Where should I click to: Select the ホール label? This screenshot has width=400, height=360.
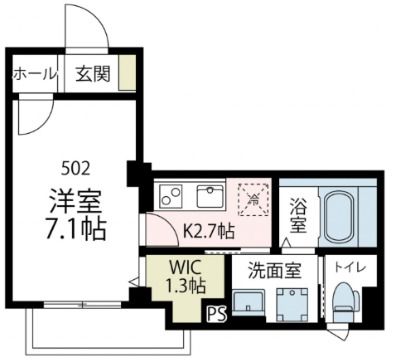(35, 74)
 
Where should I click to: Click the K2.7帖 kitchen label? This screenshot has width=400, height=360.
(209, 230)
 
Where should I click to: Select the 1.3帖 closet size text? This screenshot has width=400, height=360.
(183, 287)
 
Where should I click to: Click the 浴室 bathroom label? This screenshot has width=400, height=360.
(297, 219)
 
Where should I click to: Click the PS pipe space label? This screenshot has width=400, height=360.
(217, 315)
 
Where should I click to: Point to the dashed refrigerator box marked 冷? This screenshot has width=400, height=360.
(252, 196)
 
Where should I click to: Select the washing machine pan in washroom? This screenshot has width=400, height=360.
(293, 302)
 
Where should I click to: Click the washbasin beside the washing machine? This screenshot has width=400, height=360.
(246, 302)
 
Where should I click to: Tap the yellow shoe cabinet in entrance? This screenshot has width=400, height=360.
(127, 74)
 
